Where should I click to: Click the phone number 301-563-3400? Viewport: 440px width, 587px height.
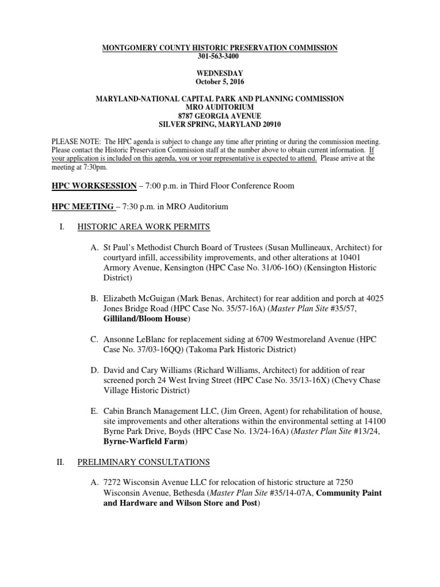pyautogui.click(x=219, y=57)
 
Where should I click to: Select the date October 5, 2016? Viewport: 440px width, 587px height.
pyautogui.click(x=219, y=82)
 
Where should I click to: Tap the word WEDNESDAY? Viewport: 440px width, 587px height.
pyautogui.click(x=219, y=73)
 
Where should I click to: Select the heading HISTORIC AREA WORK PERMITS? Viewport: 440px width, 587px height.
pyautogui.click(x=143, y=227)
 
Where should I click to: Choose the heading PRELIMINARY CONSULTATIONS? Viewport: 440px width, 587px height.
pyautogui.click(x=143, y=462)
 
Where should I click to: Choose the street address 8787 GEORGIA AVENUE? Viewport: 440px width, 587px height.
pyautogui.click(x=219, y=116)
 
